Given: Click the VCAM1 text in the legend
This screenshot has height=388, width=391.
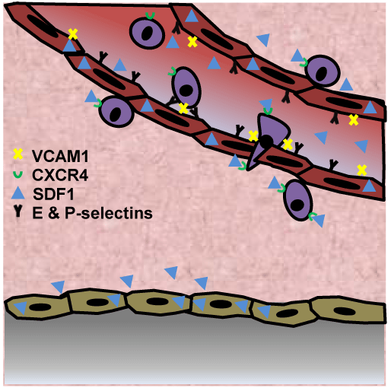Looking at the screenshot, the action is click(x=60, y=156).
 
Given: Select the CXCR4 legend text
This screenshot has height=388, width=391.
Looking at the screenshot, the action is click(x=60, y=175).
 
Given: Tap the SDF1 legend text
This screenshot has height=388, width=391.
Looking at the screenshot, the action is click(x=53, y=194).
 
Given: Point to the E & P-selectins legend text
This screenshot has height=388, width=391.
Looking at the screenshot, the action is click(x=93, y=213).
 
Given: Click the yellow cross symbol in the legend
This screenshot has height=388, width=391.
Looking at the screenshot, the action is click(x=18, y=154).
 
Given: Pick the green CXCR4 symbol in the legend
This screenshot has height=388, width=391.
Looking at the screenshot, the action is click(x=17, y=174).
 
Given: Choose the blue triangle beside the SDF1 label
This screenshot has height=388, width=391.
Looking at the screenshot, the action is click(x=18, y=193).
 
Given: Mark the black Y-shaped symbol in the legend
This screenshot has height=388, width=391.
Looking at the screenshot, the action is click(x=17, y=211).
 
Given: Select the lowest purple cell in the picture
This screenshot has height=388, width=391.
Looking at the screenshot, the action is click(x=298, y=200).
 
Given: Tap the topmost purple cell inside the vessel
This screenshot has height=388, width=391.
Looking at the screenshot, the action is click(x=147, y=33).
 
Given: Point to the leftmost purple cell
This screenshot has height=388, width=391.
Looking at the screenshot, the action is click(x=116, y=112).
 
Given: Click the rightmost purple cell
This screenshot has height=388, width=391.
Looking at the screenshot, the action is click(x=323, y=71).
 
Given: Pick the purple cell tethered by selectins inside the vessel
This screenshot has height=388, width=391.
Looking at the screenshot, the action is click(x=186, y=87).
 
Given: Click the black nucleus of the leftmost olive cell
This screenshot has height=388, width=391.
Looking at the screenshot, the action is click(x=40, y=307).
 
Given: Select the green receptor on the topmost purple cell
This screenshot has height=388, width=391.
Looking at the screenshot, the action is click(x=150, y=16).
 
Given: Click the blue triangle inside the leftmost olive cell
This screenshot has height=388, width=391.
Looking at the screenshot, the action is click(x=21, y=307).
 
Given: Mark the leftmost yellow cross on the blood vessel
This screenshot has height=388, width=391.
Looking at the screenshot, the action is click(x=73, y=34).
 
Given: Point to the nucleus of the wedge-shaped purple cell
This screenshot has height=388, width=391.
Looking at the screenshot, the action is click(x=266, y=141).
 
